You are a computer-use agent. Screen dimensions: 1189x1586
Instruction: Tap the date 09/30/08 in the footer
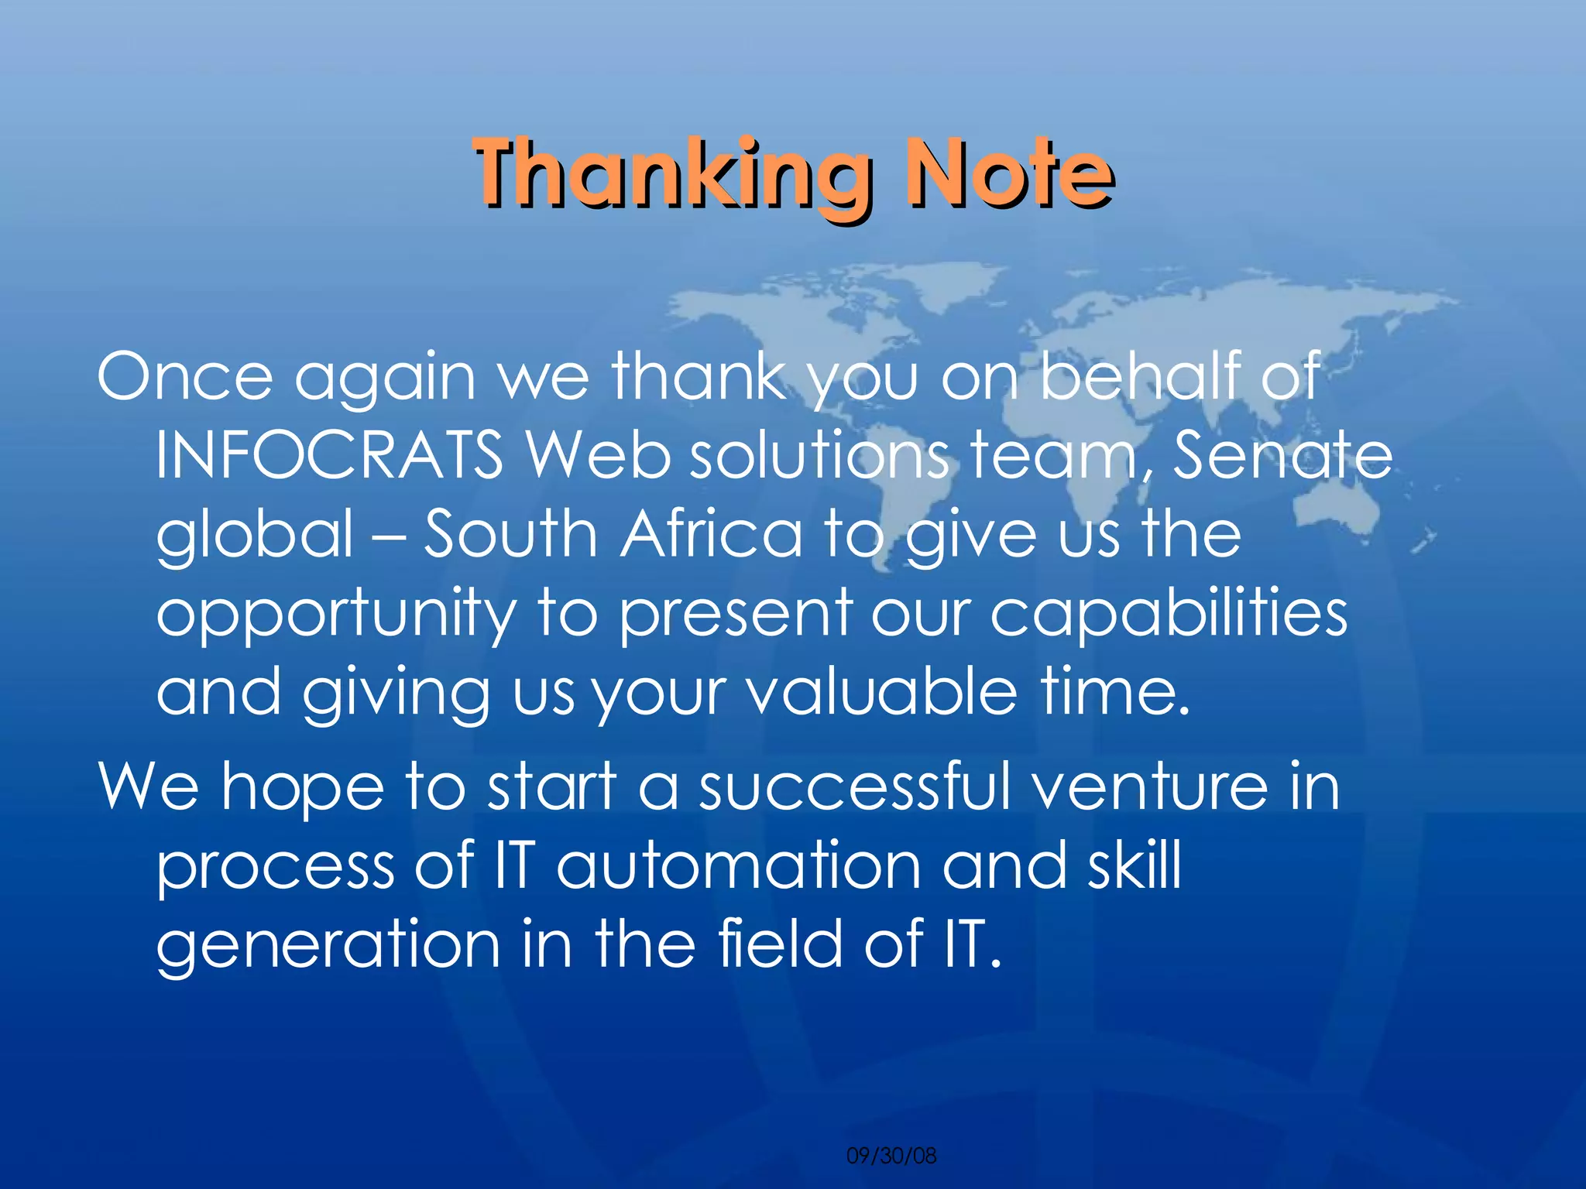(891, 1156)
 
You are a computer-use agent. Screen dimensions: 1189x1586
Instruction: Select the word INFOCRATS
(330, 455)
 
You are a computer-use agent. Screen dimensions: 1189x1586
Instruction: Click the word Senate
(1282, 455)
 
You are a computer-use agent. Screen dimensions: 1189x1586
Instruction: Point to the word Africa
(710, 534)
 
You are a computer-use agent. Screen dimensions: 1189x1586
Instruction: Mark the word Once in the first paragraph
(184, 376)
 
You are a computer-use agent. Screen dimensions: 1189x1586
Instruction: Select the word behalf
(1138, 375)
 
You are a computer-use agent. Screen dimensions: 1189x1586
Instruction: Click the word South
(509, 534)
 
